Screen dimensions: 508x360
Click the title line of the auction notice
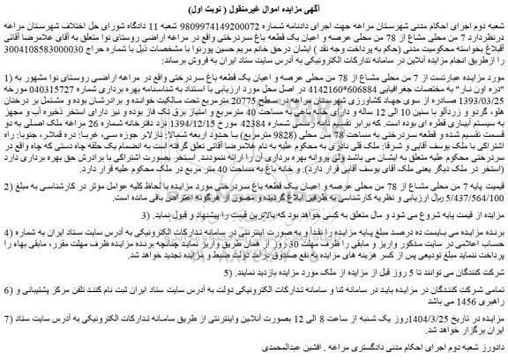click(x=254, y=7)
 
